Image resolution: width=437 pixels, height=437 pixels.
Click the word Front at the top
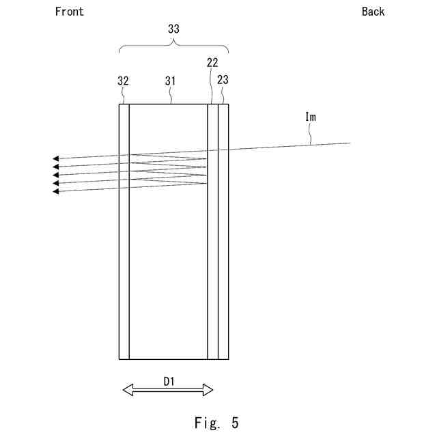[x=70, y=12]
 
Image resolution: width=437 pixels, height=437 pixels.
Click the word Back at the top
[x=373, y=12]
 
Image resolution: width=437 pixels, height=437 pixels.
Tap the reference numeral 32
[x=123, y=81]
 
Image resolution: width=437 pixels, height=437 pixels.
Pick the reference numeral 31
[x=170, y=81]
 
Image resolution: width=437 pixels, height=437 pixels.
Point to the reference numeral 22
[x=212, y=63]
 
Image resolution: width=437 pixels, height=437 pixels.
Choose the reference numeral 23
[x=223, y=80]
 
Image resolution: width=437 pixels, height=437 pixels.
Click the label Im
[x=311, y=117]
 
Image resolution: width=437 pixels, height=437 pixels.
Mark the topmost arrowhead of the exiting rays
[x=55, y=158]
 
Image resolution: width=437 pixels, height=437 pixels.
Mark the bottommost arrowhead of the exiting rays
[x=55, y=191]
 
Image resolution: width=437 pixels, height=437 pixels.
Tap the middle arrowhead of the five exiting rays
[x=55, y=175]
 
